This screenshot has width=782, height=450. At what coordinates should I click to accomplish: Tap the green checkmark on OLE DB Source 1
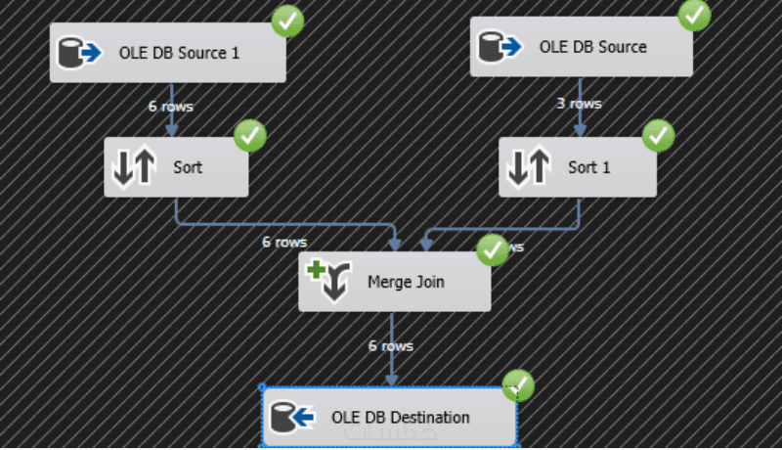click(x=287, y=21)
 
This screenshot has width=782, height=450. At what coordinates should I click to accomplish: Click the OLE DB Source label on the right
click(x=592, y=47)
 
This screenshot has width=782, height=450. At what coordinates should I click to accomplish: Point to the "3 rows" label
click(x=579, y=103)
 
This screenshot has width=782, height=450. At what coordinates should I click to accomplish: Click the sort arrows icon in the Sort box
click(x=133, y=167)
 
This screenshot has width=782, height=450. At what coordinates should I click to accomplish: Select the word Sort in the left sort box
click(x=187, y=167)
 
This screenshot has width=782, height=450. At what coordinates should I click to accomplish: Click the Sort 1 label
click(x=589, y=167)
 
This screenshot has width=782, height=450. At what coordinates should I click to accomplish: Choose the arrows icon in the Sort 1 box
click(x=529, y=167)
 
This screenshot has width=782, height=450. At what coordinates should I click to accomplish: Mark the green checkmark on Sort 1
click(x=659, y=134)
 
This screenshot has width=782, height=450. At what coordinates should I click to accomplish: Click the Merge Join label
click(x=406, y=283)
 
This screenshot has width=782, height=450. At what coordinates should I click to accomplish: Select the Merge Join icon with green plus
click(x=327, y=281)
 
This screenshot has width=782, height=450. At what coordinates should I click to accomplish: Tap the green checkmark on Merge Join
click(x=492, y=250)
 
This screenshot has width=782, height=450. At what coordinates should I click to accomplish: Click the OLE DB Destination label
click(x=401, y=418)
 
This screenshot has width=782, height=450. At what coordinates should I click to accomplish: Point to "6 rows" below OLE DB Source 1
click(x=171, y=106)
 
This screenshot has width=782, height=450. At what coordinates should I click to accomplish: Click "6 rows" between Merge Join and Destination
click(x=390, y=345)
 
